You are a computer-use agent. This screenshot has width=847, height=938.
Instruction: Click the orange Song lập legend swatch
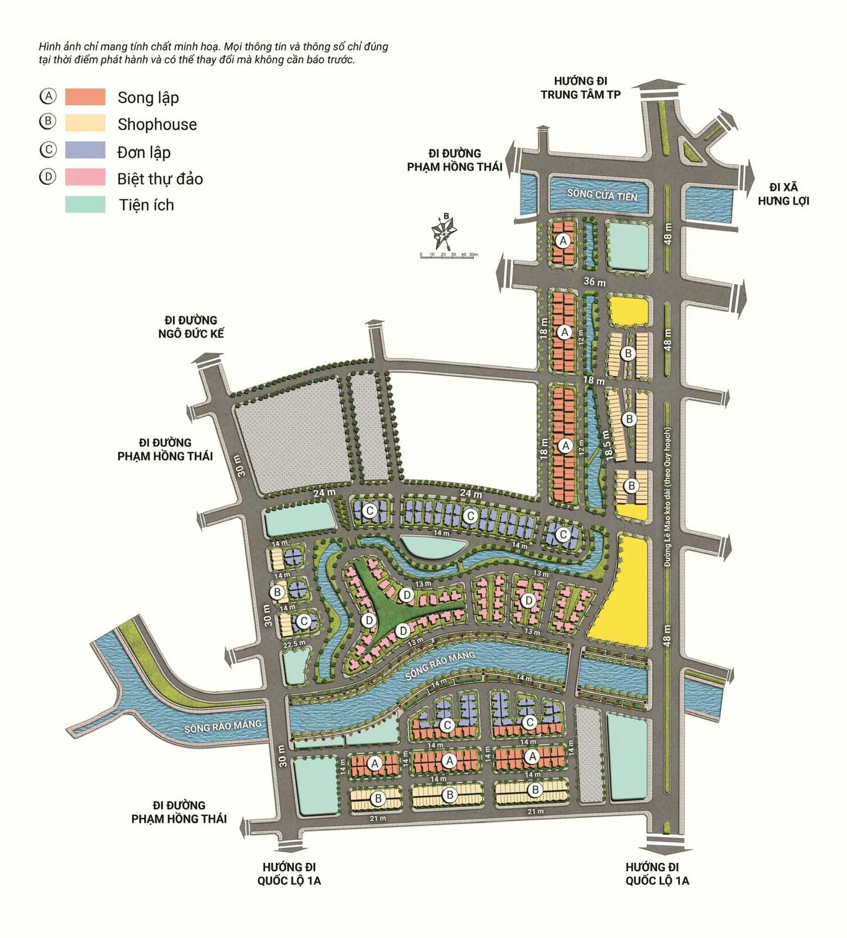click(x=85, y=97)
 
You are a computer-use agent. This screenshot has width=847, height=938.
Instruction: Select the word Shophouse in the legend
click(x=157, y=124)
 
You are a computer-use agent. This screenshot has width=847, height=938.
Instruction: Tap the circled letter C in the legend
click(x=48, y=150)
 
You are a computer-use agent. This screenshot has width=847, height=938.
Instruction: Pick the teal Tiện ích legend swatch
click(x=85, y=205)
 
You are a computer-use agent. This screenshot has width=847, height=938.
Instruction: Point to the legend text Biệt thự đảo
click(x=160, y=179)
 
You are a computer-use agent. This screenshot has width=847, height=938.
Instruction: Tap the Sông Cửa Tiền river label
click(x=601, y=195)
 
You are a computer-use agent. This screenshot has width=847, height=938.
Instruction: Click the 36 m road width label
click(x=594, y=282)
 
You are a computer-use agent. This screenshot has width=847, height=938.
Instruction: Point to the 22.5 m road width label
click(x=294, y=644)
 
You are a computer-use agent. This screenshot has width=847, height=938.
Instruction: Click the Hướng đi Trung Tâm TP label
click(x=580, y=88)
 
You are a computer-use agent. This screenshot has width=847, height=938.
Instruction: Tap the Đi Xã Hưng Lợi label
click(x=783, y=194)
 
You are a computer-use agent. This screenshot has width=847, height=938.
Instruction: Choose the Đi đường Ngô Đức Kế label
click(x=191, y=327)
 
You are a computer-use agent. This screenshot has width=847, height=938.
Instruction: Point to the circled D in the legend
click(x=48, y=176)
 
